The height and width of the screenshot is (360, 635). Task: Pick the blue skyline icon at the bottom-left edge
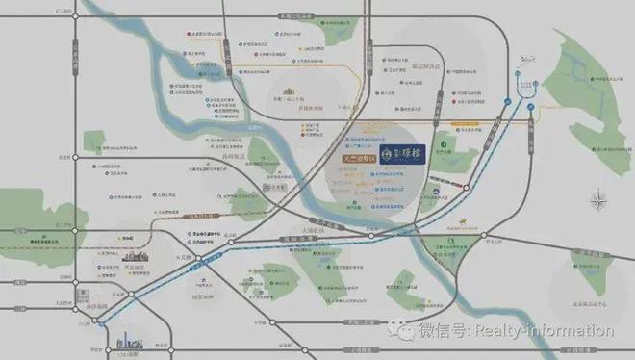pyautogui.click(x=128, y=343)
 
